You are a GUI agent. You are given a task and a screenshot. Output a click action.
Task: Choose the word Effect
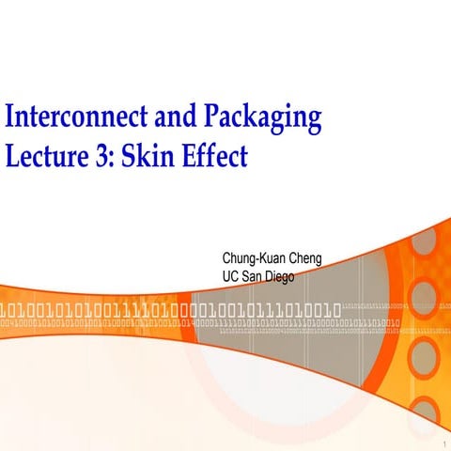pyautogui.click(x=213, y=155)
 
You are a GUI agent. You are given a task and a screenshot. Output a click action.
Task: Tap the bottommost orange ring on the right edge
pyautogui.click(x=425, y=411)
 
